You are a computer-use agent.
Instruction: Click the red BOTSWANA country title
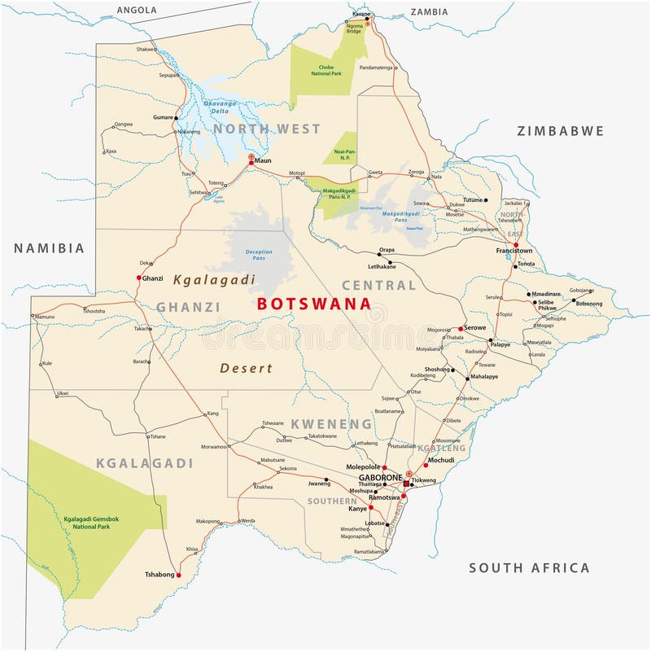(314, 304)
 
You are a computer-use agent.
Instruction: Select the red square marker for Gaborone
(406, 483)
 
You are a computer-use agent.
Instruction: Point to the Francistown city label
(514, 252)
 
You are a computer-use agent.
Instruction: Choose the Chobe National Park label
(325, 69)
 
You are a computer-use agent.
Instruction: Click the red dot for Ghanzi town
(138, 278)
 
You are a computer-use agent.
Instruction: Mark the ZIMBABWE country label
(560, 130)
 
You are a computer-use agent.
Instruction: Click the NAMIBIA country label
(48, 248)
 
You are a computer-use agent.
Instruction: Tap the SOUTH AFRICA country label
(528, 568)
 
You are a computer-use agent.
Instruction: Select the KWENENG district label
(331, 424)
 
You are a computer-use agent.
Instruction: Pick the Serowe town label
(475, 328)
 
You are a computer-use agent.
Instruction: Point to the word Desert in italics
(246, 368)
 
